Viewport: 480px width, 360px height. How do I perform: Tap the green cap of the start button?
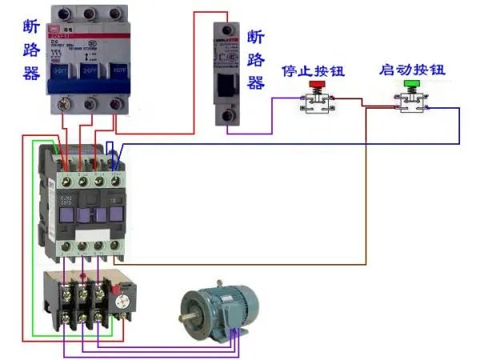(x=412, y=84)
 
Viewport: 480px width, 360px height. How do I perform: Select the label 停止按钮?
(x=312, y=70)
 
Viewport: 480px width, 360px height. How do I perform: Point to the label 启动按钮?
(x=412, y=70)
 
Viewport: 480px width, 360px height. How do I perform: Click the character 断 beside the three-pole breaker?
(x=33, y=26)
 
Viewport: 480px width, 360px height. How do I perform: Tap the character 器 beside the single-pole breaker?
(x=256, y=83)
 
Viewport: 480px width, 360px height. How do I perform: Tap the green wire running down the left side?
(x=33, y=240)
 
